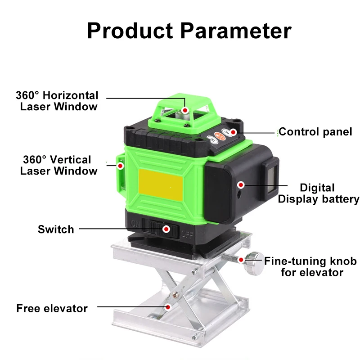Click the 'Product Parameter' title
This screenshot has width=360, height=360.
click(189, 31)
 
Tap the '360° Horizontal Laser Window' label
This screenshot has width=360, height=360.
click(57, 101)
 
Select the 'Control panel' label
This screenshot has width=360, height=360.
click(315, 132)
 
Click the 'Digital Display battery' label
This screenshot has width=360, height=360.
click(318, 193)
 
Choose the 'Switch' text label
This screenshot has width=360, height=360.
click(56, 229)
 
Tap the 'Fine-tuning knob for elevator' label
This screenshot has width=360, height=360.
click(310, 266)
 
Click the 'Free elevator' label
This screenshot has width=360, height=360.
click(52, 309)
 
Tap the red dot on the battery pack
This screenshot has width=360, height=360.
click(241, 184)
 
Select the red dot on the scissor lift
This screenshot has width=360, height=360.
click(168, 307)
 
